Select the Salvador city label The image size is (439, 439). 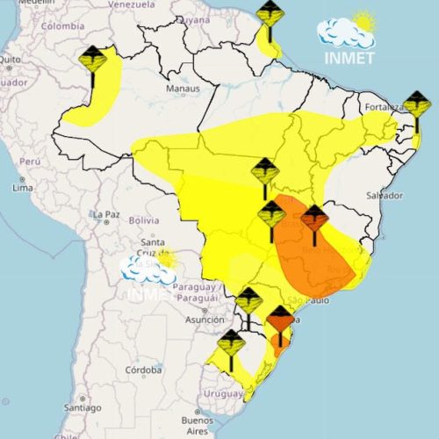tap(385, 195)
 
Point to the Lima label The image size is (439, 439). tap(23, 188)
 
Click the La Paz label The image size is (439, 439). tap(105, 214)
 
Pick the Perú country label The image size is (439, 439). tap(31, 162)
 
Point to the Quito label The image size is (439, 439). tap(9, 59)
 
